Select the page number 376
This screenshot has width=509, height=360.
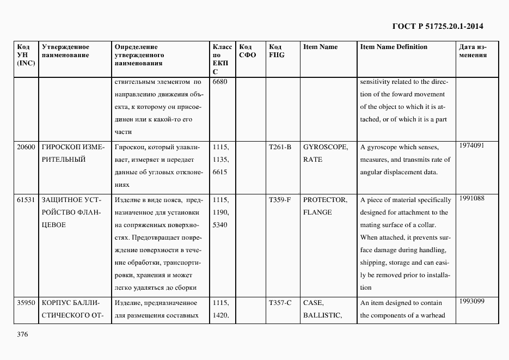pos(22,334)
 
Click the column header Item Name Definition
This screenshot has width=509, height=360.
pos(394,47)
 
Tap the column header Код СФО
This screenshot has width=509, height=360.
pos(247,51)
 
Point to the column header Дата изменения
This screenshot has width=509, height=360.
pos(473,51)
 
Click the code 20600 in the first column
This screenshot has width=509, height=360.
pos(26,147)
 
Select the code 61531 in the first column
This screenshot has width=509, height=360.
pos(26,200)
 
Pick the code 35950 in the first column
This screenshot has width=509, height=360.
pos(26,303)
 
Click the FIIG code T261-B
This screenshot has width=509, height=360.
pos(280,147)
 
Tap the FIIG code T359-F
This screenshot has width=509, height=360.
pos(280,200)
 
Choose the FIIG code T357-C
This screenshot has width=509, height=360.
pos(280,303)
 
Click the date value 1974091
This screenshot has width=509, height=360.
pos(471,145)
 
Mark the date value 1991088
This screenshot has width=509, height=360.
pos(471,198)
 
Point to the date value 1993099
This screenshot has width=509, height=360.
pos(471,301)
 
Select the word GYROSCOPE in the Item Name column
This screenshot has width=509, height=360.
pos(326,147)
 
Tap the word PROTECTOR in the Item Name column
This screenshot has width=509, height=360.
pos(326,200)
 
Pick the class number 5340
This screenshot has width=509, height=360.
pos(220,225)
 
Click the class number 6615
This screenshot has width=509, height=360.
pos(220,172)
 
